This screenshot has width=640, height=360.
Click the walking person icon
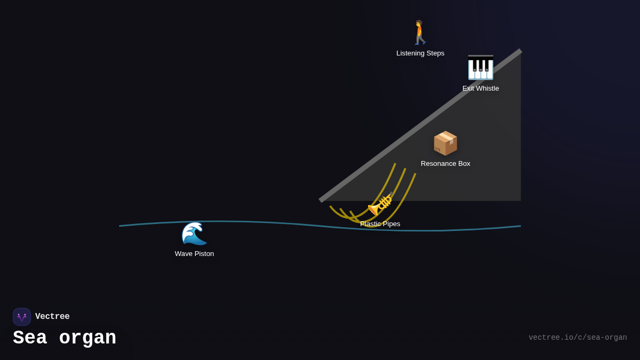pyautogui.click(x=420, y=33)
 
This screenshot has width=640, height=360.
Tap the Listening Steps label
pyautogui.click(x=420, y=53)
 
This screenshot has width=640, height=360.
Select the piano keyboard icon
pyautogui.click(x=481, y=68)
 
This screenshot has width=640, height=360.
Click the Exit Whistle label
pyautogui.click(x=481, y=89)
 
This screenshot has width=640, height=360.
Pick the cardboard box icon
pyautogui.click(x=445, y=143)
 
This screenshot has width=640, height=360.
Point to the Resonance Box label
pyautogui.click(x=445, y=164)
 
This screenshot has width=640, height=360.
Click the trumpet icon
pyautogui.click(x=381, y=204)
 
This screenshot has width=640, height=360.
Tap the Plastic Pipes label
pyautogui.click(x=380, y=224)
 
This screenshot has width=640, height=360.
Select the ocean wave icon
pyautogui.click(x=194, y=234)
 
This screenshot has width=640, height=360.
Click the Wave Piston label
pyautogui.click(x=194, y=254)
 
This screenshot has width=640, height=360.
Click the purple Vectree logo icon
pyautogui.click(x=22, y=317)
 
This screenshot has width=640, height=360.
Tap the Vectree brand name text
pyautogui.click(x=52, y=317)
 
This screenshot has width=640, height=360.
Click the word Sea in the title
pyautogui.click(x=30, y=338)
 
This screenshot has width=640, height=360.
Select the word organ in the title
pyautogui.click(x=87, y=338)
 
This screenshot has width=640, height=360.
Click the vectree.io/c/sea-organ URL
pyautogui.click(x=578, y=338)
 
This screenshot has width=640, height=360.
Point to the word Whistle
pyautogui.click(x=487, y=89)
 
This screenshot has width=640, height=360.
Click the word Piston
pyautogui.click(x=204, y=254)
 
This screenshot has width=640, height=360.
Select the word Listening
pyautogui.click(x=411, y=53)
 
